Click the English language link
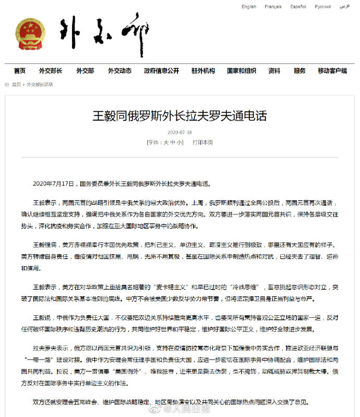[249, 7]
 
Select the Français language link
[273, 7]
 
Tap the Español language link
[298, 7]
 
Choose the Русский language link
[322, 7]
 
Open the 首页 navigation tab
[20, 71]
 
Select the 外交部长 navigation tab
[50, 71]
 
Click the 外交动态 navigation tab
[119, 71]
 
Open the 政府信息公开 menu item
[161, 71]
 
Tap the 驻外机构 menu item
[203, 71]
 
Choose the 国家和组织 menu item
[241, 71]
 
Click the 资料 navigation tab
[274, 71]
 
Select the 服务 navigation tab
[299, 71]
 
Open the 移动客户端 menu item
[332, 71]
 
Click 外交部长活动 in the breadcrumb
[40, 85]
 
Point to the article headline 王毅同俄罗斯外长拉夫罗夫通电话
[179, 116]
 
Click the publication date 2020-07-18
[179, 133]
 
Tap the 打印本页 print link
[202, 142]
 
